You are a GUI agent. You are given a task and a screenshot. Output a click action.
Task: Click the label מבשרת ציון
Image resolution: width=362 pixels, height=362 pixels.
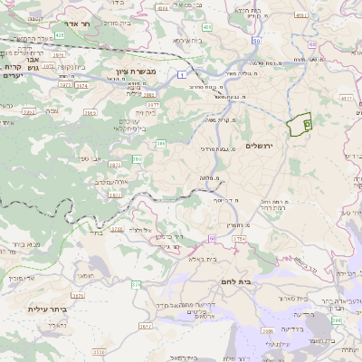coord(137,71)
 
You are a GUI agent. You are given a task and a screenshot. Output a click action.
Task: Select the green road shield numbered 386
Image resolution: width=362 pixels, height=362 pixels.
coord(160,142)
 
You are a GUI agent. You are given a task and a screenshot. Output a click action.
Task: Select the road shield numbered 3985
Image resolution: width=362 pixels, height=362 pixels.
coord(148,93)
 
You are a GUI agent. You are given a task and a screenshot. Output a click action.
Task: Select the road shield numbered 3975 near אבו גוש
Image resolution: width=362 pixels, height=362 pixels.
coord(43,75)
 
